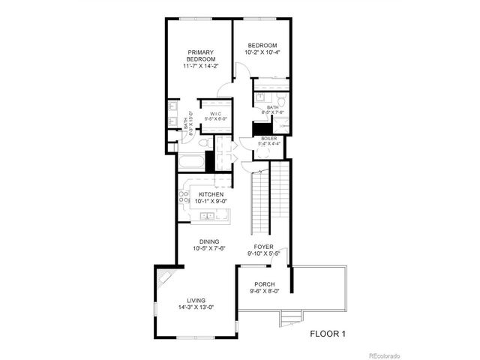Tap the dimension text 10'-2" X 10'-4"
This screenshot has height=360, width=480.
(x=262, y=52)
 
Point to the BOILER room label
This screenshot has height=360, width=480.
(x=269, y=139)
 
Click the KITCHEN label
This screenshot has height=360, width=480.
(x=211, y=194)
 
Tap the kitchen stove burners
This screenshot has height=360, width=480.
(x=182, y=198)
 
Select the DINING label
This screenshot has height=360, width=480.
(x=210, y=241)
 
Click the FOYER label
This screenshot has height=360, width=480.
(x=264, y=247)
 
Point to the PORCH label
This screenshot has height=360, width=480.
(x=263, y=284)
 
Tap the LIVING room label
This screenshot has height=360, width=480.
(x=195, y=301)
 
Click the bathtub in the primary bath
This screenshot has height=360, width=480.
(x=190, y=161)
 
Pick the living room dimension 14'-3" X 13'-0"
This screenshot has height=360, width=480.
(x=195, y=307)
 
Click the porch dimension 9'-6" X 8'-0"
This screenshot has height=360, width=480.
(x=263, y=291)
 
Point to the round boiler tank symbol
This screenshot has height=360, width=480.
(x=263, y=154)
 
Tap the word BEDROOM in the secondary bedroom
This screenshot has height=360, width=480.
(x=262, y=46)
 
